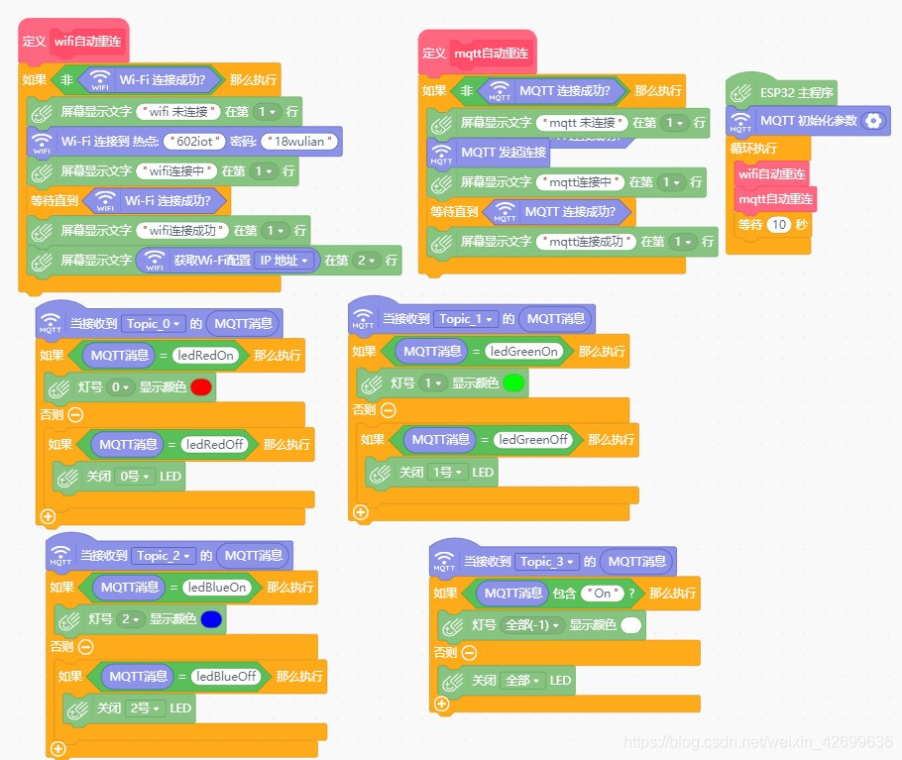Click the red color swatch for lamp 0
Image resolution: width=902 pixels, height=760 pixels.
tap(201, 387)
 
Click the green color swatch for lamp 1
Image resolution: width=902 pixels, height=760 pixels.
tap(512, 382)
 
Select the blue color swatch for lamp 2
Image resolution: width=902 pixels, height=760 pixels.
tap(210, 619)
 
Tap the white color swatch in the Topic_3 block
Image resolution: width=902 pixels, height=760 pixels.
tap(631, 625)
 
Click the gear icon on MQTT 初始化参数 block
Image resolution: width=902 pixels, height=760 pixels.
tap(872, 121)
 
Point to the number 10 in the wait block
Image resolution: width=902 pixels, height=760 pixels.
tap(779, 225)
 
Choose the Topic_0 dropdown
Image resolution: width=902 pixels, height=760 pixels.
tap(155, 323)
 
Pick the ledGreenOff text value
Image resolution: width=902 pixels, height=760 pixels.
tap(533, 439)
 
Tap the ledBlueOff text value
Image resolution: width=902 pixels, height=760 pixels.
tap(227, 676)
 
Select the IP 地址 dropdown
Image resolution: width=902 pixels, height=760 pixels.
tap(284, 261)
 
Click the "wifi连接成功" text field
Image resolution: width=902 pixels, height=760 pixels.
tap(184, 230)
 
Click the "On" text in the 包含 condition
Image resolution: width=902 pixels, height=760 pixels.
tap(602, 593)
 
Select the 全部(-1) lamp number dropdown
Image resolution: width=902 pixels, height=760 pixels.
tap(532, 625)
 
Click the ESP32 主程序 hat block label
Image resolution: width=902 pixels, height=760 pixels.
tap(796, 93)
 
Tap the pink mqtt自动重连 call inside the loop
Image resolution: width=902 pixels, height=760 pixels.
tap(776, 199)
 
